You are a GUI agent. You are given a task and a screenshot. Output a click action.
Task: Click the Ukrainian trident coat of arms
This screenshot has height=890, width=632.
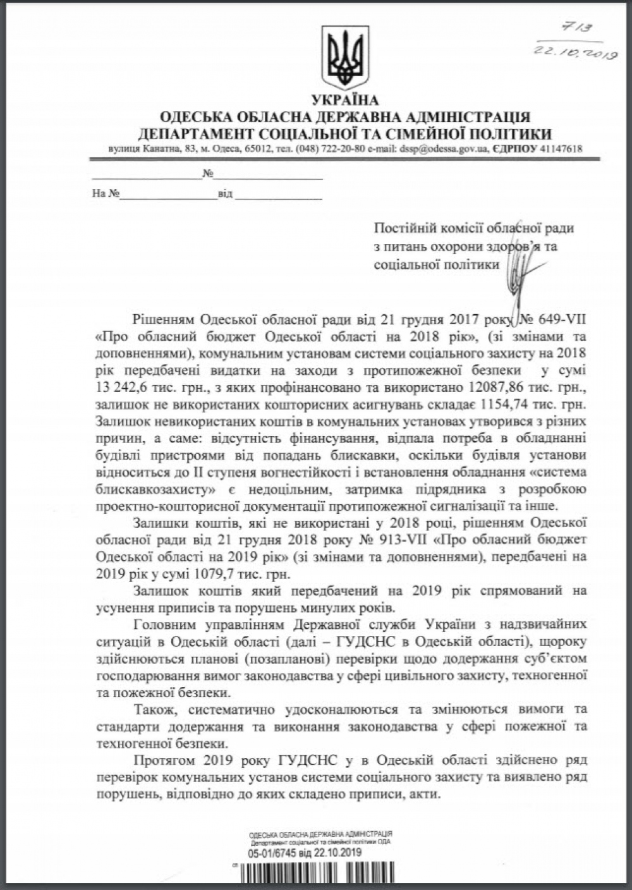[344, 58]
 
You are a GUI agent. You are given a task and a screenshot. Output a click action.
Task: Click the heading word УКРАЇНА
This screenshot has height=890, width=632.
[344, 101]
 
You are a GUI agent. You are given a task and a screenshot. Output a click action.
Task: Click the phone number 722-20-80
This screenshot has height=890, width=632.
[337, 150]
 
